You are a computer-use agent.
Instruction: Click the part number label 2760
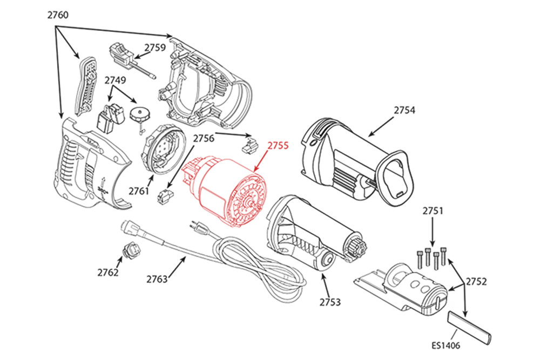point(58,15)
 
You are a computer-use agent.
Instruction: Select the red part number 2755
point(278,145)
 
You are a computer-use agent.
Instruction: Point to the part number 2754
point(404,110)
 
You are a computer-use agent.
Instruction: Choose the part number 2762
point(108,273)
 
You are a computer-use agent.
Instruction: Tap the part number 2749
point(115,80)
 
